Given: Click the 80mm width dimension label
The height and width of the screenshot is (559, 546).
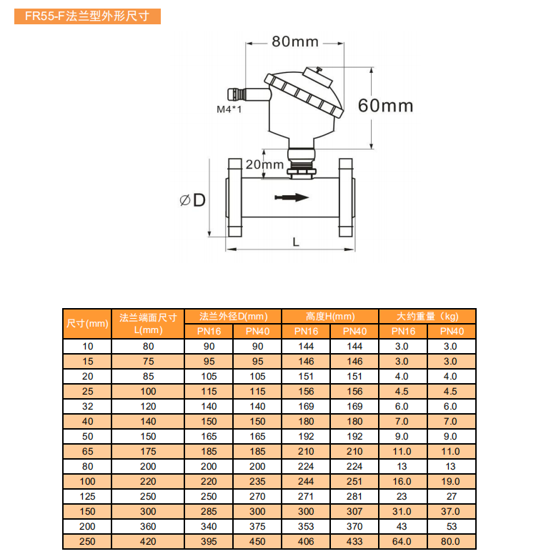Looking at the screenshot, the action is click(x=295, y=41).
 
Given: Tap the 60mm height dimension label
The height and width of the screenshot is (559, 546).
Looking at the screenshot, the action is click(x=385, y=106).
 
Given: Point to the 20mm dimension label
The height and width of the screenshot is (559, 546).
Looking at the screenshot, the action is click(x=264, y=164).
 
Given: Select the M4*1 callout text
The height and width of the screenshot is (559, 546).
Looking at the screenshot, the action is click(x=229, y=109).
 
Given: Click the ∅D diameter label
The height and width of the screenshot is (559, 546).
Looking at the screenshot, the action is click(x=193, y=200).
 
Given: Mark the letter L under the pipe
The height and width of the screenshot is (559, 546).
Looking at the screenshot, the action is click(x=296, y=242).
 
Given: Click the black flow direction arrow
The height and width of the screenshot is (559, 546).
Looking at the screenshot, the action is click(x=292, y=197).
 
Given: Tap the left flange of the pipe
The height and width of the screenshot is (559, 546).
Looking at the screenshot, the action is click(x=234, y=197).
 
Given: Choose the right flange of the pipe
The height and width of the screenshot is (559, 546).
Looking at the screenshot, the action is click(x=347, y=197).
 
